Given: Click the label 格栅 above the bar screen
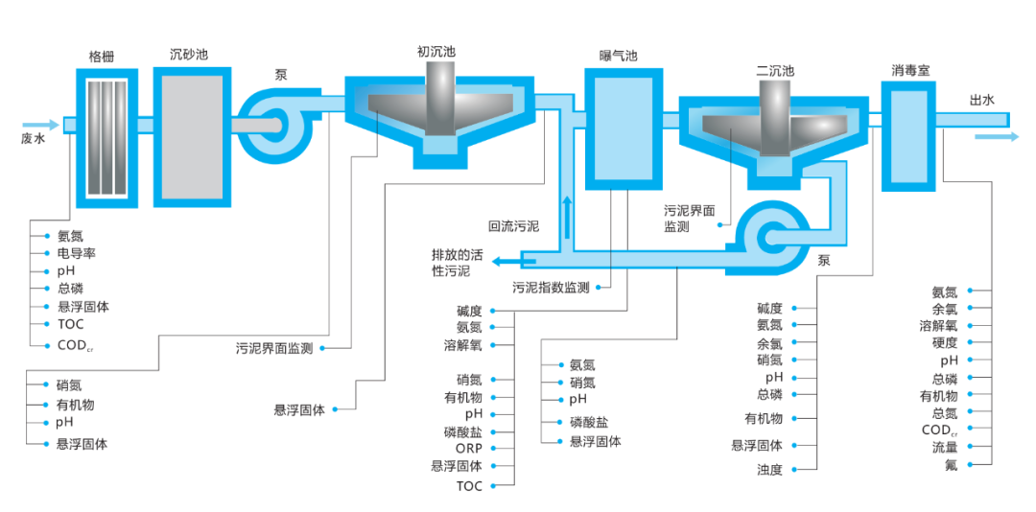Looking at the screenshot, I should pyautogui.click(x=102, y=56).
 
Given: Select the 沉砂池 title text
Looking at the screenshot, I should pyautogui.click(x=188, y=55).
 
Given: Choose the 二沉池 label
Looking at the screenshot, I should pyautogui.click(x=774, y=71).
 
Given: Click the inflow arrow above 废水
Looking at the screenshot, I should pyautogui.click(x=40, y=125).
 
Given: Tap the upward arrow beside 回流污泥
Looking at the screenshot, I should pyautogui.click(x=567, y=217).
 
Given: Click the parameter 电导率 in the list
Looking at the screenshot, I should pyautogui.click(x=76, y=253).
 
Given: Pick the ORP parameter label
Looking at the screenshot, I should pyautogui.click(x=469, y=449).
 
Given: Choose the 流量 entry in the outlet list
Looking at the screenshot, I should pyautogui.click(x=944, y=447).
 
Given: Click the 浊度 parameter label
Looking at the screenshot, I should pyautogui.click(x=769, y=470).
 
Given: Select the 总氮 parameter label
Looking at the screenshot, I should pyautogui.click(x=944, y=413).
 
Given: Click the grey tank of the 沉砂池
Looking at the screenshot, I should pyautogui.click(x=193, y=135).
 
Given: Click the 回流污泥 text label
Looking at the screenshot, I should pyautogui.click(x=513, y=227).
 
